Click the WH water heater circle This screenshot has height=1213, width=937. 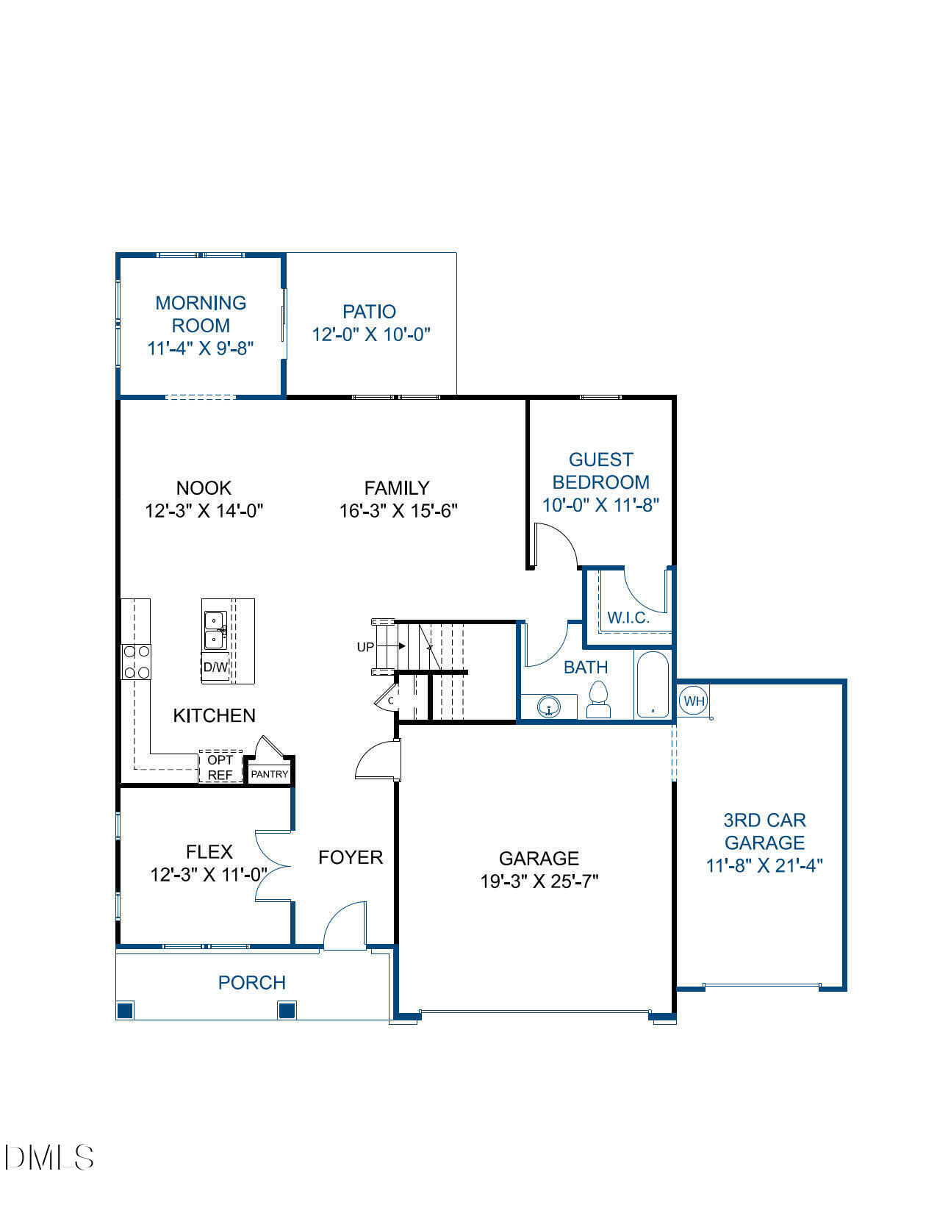pyautogui.click(x=693, y=701)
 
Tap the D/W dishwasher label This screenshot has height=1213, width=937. pyautogui.click(x=215, y=668)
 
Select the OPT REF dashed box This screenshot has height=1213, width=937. pyautogui.click(x=220, y=767)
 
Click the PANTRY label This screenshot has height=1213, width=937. pyautogui.click(x=270, y=774)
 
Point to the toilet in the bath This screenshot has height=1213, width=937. pyautogui.click(x=599, y=700)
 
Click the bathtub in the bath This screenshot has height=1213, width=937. pyautogui.click(x=653, y=684)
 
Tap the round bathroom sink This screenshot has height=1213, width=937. pyautogui.click(x=549, y=708)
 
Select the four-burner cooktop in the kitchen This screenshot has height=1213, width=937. pyautogui.click(x=136, y=662)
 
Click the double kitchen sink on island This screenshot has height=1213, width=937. pyautogui.click(x=215, y=630)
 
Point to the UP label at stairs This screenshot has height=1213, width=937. pyautogui.click(x=365, y=647)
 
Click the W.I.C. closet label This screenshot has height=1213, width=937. pyautogui.click(x=628, y=618)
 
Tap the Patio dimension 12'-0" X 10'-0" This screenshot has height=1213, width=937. pyautogui.click(x=370, y=334)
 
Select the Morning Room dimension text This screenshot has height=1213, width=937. pyautogui.click(x=201, y=348)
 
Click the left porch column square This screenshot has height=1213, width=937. pyautogui.click(x=126, y=1010)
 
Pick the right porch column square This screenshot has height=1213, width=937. pyautogui.click(x=287, y=1010)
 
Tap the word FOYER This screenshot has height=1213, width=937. pyautogui.click(x=351, y=857)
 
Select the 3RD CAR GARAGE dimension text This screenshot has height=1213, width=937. pyautogui.click(x=764, y=866)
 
